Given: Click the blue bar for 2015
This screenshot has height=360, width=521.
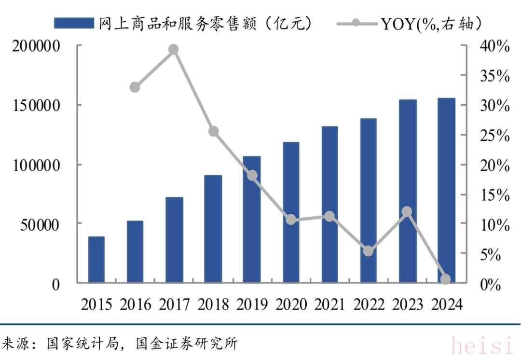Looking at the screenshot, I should click(96, 260).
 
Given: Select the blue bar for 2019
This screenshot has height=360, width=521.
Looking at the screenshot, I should click(252, 220).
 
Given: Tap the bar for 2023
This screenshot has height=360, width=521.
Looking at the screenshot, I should click(408, 191).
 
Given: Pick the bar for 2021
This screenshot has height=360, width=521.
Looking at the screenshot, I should click(329, 205).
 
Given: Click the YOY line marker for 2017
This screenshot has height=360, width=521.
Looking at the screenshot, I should click(174, 50).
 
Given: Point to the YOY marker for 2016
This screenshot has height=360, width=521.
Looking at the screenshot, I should click(135, 87).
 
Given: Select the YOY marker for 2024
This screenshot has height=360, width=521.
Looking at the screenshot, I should click(446, 279).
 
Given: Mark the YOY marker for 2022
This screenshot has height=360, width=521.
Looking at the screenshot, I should click(368, 251).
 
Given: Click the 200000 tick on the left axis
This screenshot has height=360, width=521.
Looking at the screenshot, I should click(36, 46).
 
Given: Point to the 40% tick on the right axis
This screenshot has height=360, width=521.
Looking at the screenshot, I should click(495, 46).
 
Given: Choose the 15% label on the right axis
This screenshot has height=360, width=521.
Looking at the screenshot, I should click(495, 195).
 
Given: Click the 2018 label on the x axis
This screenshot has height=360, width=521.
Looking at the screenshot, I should click(213, 305).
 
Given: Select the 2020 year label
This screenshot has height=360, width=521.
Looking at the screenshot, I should click(291, 305).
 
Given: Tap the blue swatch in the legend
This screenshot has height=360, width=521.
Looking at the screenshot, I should click(74, 23).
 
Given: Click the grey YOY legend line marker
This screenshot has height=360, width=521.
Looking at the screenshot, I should click(355, 23).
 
